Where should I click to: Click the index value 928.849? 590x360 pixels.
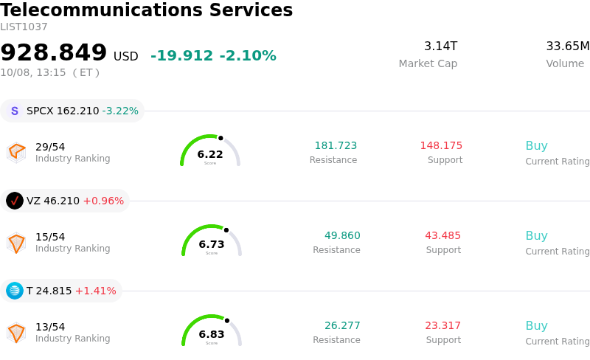click(x=53, y=52)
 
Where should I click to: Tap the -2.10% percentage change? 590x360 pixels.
click(x=248, y=56)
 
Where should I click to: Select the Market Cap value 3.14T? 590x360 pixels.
click(x=440, y=46)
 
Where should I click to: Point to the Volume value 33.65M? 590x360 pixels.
click(x=568, y=46)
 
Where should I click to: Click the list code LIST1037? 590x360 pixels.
click(x=24, y=27)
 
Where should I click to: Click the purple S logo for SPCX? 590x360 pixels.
click(x=15, y=111)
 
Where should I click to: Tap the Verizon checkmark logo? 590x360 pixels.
click(x=15, y=201)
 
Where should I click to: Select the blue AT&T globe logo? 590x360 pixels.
click(x=15, y=291)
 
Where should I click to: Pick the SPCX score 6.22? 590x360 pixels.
click(x=210, y=154)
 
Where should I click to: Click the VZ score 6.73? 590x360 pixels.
click(x=212, y=244)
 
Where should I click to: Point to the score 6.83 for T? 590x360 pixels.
click(x=212, y=334)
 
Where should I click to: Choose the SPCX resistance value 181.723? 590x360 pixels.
click(x=336, y=145)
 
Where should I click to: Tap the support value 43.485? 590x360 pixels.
click(x=443, y=235)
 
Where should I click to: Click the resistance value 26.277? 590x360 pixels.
click(x=342, y=325)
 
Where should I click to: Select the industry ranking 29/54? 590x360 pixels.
click(x=50, y=147)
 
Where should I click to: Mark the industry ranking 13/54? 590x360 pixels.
click(x=50, y=327)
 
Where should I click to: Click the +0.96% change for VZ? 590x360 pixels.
click(x=103, y=201)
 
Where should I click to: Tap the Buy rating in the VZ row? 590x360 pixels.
click(x=537, y=235)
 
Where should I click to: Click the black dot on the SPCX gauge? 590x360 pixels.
click(x=221, y=138)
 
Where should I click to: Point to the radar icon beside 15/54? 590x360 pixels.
click(x=16, y=243)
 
